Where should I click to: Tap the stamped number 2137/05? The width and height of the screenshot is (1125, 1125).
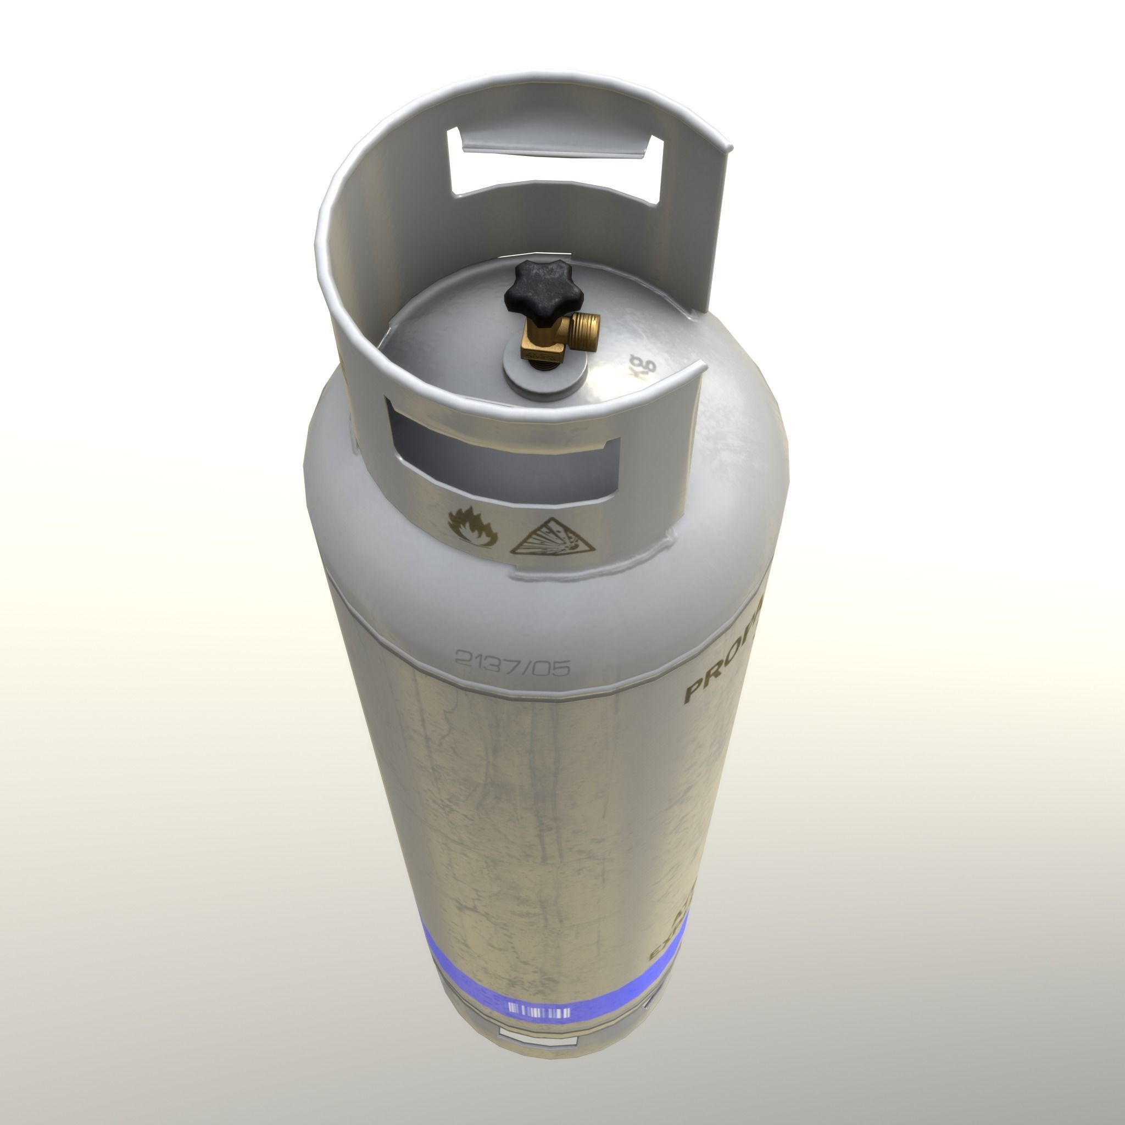click(x=512, y=662)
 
